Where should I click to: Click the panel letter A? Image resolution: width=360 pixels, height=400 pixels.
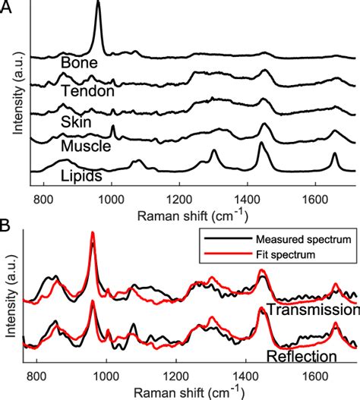(x=7, y=8)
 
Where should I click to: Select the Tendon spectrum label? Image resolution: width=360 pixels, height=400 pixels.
(x=87, y=91)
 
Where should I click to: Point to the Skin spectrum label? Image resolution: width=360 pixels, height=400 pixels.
(x=77, y=121)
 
